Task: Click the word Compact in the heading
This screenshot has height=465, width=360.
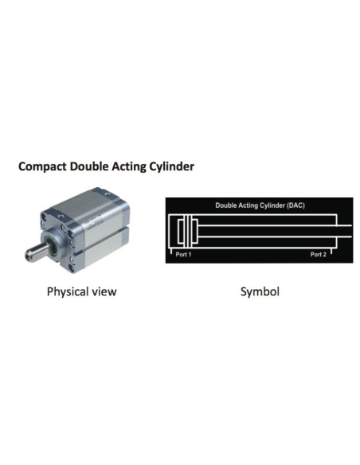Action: coord(42,166)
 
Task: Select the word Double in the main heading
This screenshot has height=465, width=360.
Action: coord(89,166)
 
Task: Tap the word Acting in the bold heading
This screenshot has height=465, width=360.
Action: coord(129,166)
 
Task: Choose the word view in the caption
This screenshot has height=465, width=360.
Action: coord(104,291)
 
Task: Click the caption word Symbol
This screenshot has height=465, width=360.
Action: coord(260,291)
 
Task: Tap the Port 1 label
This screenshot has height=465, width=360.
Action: coord(183,254)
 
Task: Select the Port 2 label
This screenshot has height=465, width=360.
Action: coord(319,254)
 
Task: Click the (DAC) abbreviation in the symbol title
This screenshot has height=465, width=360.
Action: coord(295,205)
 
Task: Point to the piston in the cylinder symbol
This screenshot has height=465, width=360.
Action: coord(188,232)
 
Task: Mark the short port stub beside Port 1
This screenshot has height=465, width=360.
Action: coord(171,251)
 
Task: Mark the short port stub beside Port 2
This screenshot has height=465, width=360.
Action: coord(331,251)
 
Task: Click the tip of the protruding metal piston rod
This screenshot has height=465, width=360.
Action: coord(28,256)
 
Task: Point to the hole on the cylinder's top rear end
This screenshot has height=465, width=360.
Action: coord(108,194)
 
